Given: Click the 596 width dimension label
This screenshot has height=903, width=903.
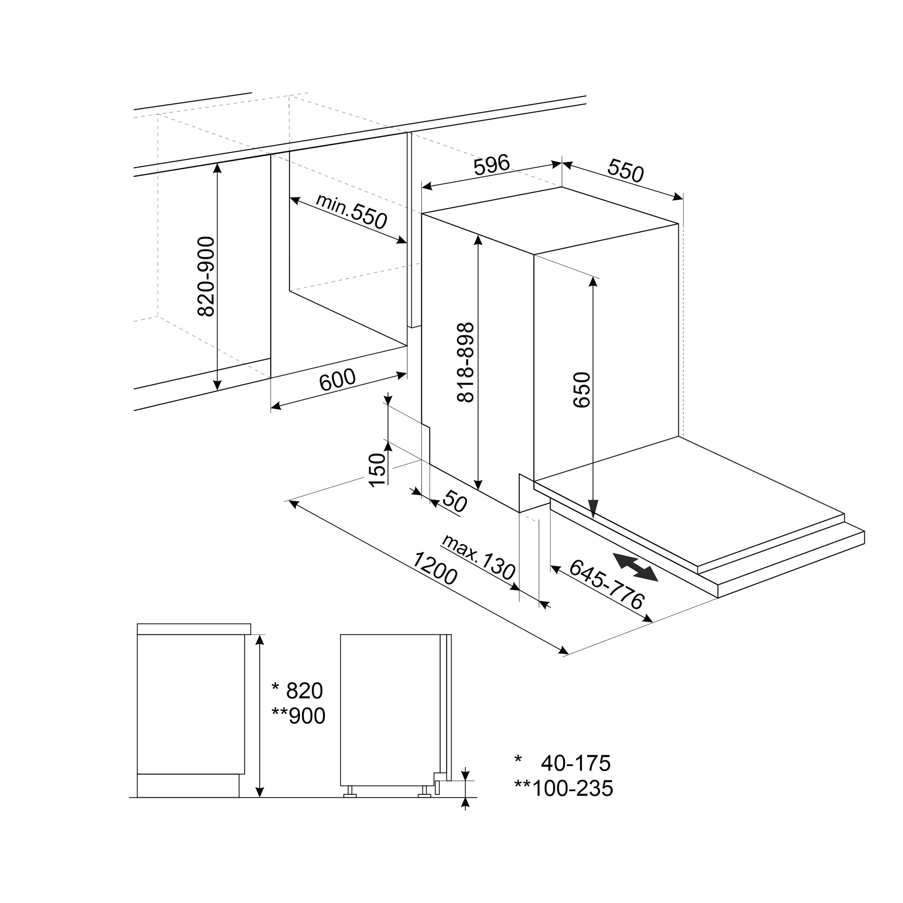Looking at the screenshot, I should [491, 166].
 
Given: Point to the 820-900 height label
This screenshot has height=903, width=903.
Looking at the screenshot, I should [206, 277].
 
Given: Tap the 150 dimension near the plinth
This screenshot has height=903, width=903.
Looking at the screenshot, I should [377, 470].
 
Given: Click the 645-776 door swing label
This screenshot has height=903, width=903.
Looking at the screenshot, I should [607, 584].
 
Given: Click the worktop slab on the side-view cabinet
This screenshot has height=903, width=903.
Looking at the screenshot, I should [194, 629].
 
